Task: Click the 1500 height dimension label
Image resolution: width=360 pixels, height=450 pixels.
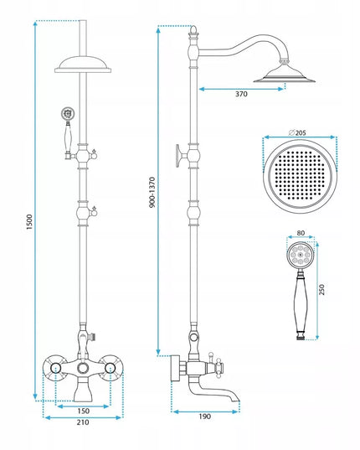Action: click(x=29, y=221)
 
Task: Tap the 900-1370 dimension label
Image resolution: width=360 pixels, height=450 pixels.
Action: click(x=152, y=192)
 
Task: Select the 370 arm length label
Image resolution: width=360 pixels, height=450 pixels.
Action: click(x=241, y=94)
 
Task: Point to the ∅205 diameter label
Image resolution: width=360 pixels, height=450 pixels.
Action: click(x=297, y=132)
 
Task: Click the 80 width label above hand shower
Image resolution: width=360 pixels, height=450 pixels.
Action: click(x=301, y=233)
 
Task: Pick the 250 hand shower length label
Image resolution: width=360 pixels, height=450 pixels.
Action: click(x=321, y=289)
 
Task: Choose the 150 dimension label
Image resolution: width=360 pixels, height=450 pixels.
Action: click(x=83, y=411)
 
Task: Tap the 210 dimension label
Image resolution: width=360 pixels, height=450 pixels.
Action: click(x=83, y=422)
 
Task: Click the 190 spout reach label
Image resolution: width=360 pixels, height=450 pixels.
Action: click(x=204, y=416)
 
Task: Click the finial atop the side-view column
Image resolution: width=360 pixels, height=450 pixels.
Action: click(x=194, y=30)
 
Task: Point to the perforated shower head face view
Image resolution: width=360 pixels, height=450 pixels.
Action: click(x=300, y=176)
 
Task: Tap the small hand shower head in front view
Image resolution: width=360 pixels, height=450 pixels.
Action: click(x=67, y=113)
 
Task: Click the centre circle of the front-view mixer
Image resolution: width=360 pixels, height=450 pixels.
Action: click(x=83, y=368)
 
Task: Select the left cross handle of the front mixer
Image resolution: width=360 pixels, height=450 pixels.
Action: click(x=54, y=368)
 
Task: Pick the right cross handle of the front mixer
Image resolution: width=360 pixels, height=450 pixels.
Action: click(x=111, y=368)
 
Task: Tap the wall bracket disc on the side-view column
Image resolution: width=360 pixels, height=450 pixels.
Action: click(x=178, y=156)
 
